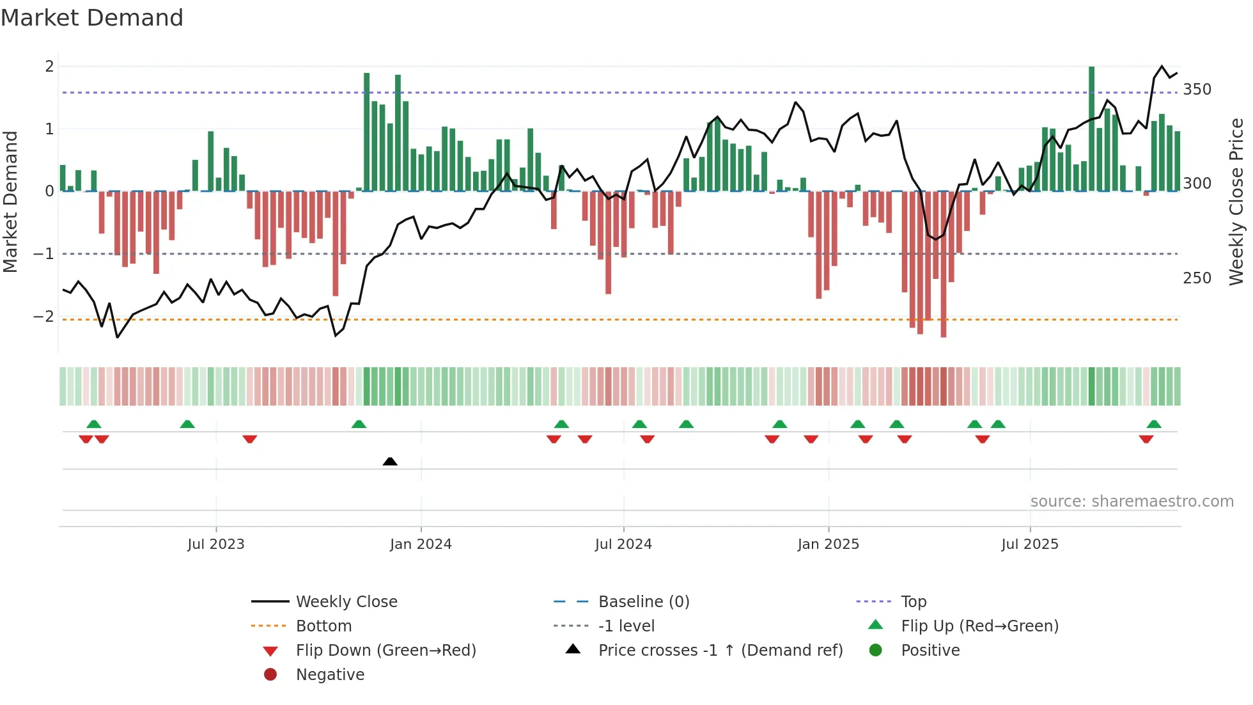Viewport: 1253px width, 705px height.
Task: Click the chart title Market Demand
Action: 92,18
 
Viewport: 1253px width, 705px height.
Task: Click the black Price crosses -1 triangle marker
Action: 390,461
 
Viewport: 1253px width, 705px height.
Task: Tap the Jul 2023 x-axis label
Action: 216,544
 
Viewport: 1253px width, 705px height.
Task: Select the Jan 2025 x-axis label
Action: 829,544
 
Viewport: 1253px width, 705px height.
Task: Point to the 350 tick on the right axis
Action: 1197,90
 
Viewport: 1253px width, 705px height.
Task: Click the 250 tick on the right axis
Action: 1197,278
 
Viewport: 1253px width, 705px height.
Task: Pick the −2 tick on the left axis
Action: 43,317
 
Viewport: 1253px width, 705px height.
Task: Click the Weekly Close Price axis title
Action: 1236,202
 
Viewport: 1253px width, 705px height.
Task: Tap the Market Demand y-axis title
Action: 11,202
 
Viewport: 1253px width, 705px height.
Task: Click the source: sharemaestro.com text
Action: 1132,502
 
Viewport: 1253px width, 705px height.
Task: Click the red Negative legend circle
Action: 270,675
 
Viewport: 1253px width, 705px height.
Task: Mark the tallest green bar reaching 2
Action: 1092,128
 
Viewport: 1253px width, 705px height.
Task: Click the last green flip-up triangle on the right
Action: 1154,424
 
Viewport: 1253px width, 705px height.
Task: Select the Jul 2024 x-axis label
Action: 623,544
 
